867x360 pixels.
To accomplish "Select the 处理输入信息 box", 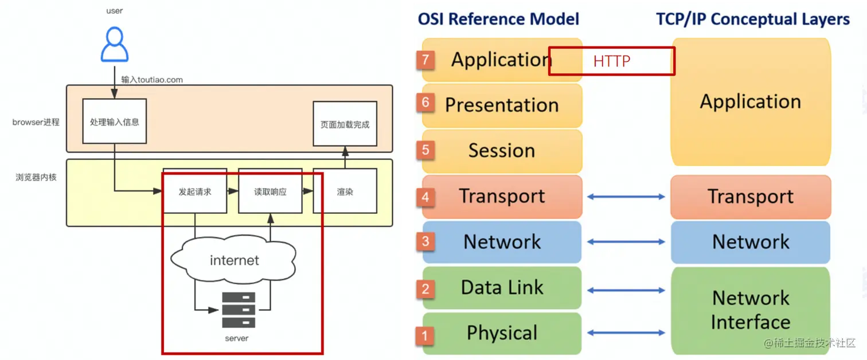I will [x=115, y=122].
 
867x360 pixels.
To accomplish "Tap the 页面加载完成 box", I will [x=345, y=124].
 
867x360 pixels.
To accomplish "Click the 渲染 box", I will [x=345, y=192].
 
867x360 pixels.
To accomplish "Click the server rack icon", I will [x=239, y=311].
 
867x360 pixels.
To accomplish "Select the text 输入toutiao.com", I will [x=152, y=80].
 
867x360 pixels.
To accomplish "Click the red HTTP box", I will [x=611, y=61].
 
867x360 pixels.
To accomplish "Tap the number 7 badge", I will [x=425, y=60].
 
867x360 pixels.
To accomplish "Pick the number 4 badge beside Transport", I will [x=425, y=197].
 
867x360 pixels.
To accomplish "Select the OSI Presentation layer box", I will [x=502, y=105].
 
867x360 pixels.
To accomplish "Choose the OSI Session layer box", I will [x=502, y=151].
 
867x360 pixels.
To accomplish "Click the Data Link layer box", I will [x=502, y=288].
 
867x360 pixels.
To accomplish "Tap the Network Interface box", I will [x=751, y=310].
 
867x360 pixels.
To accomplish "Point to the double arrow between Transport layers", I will [x=626, y=197].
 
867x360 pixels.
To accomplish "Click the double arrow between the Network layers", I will [x=626, y=242].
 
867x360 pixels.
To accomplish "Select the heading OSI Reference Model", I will [x=498, y=19].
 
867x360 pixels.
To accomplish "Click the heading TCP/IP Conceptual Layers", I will [x=753, y=19].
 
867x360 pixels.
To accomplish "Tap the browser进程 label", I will [x=36, y=122].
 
